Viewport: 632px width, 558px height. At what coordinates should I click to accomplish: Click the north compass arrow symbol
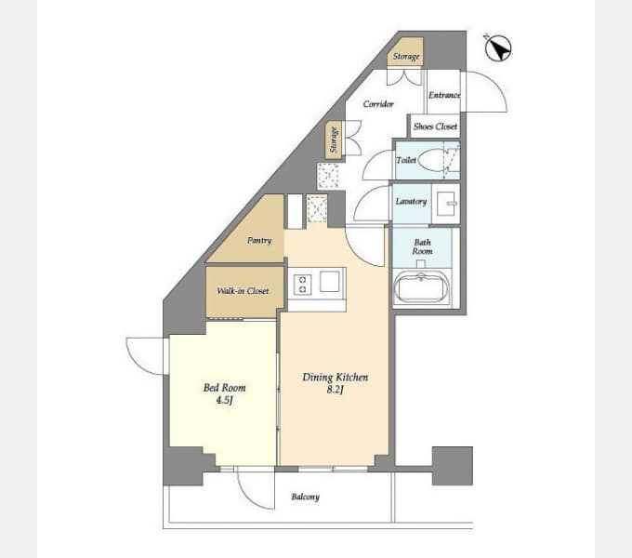(498, 47)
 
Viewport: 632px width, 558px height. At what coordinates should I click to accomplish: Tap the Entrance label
(444, 95)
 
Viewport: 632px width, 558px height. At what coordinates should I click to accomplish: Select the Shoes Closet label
(435, 126)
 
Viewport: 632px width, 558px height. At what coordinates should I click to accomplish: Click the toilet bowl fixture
(431, 160)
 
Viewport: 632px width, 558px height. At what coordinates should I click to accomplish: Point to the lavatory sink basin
(446, 203)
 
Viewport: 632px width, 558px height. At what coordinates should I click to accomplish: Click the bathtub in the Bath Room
(422, 287)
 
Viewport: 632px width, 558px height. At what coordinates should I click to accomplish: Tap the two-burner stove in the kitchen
(302, 285)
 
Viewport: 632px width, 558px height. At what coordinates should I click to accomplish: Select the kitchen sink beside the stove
(330, 281)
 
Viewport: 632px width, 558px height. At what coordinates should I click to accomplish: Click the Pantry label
(259, 240)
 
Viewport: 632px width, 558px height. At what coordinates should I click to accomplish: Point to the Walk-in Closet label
(243, 291)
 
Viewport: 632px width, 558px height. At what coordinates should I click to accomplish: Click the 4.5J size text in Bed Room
(225, 400)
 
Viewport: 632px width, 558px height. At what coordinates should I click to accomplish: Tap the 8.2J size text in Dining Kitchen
(335, 390)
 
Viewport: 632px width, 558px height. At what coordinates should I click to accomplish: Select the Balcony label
(306, 497)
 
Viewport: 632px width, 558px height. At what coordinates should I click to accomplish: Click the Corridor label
(378, 104)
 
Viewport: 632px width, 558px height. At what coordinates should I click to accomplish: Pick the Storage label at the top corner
(406, 57)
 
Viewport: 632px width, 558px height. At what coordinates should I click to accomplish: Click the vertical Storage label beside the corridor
(334, 139)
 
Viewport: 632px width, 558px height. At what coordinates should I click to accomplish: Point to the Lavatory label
(411, 201)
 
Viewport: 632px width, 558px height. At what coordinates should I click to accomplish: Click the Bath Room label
(422, 246)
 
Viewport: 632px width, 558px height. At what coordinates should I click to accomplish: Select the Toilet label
(406, 160)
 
